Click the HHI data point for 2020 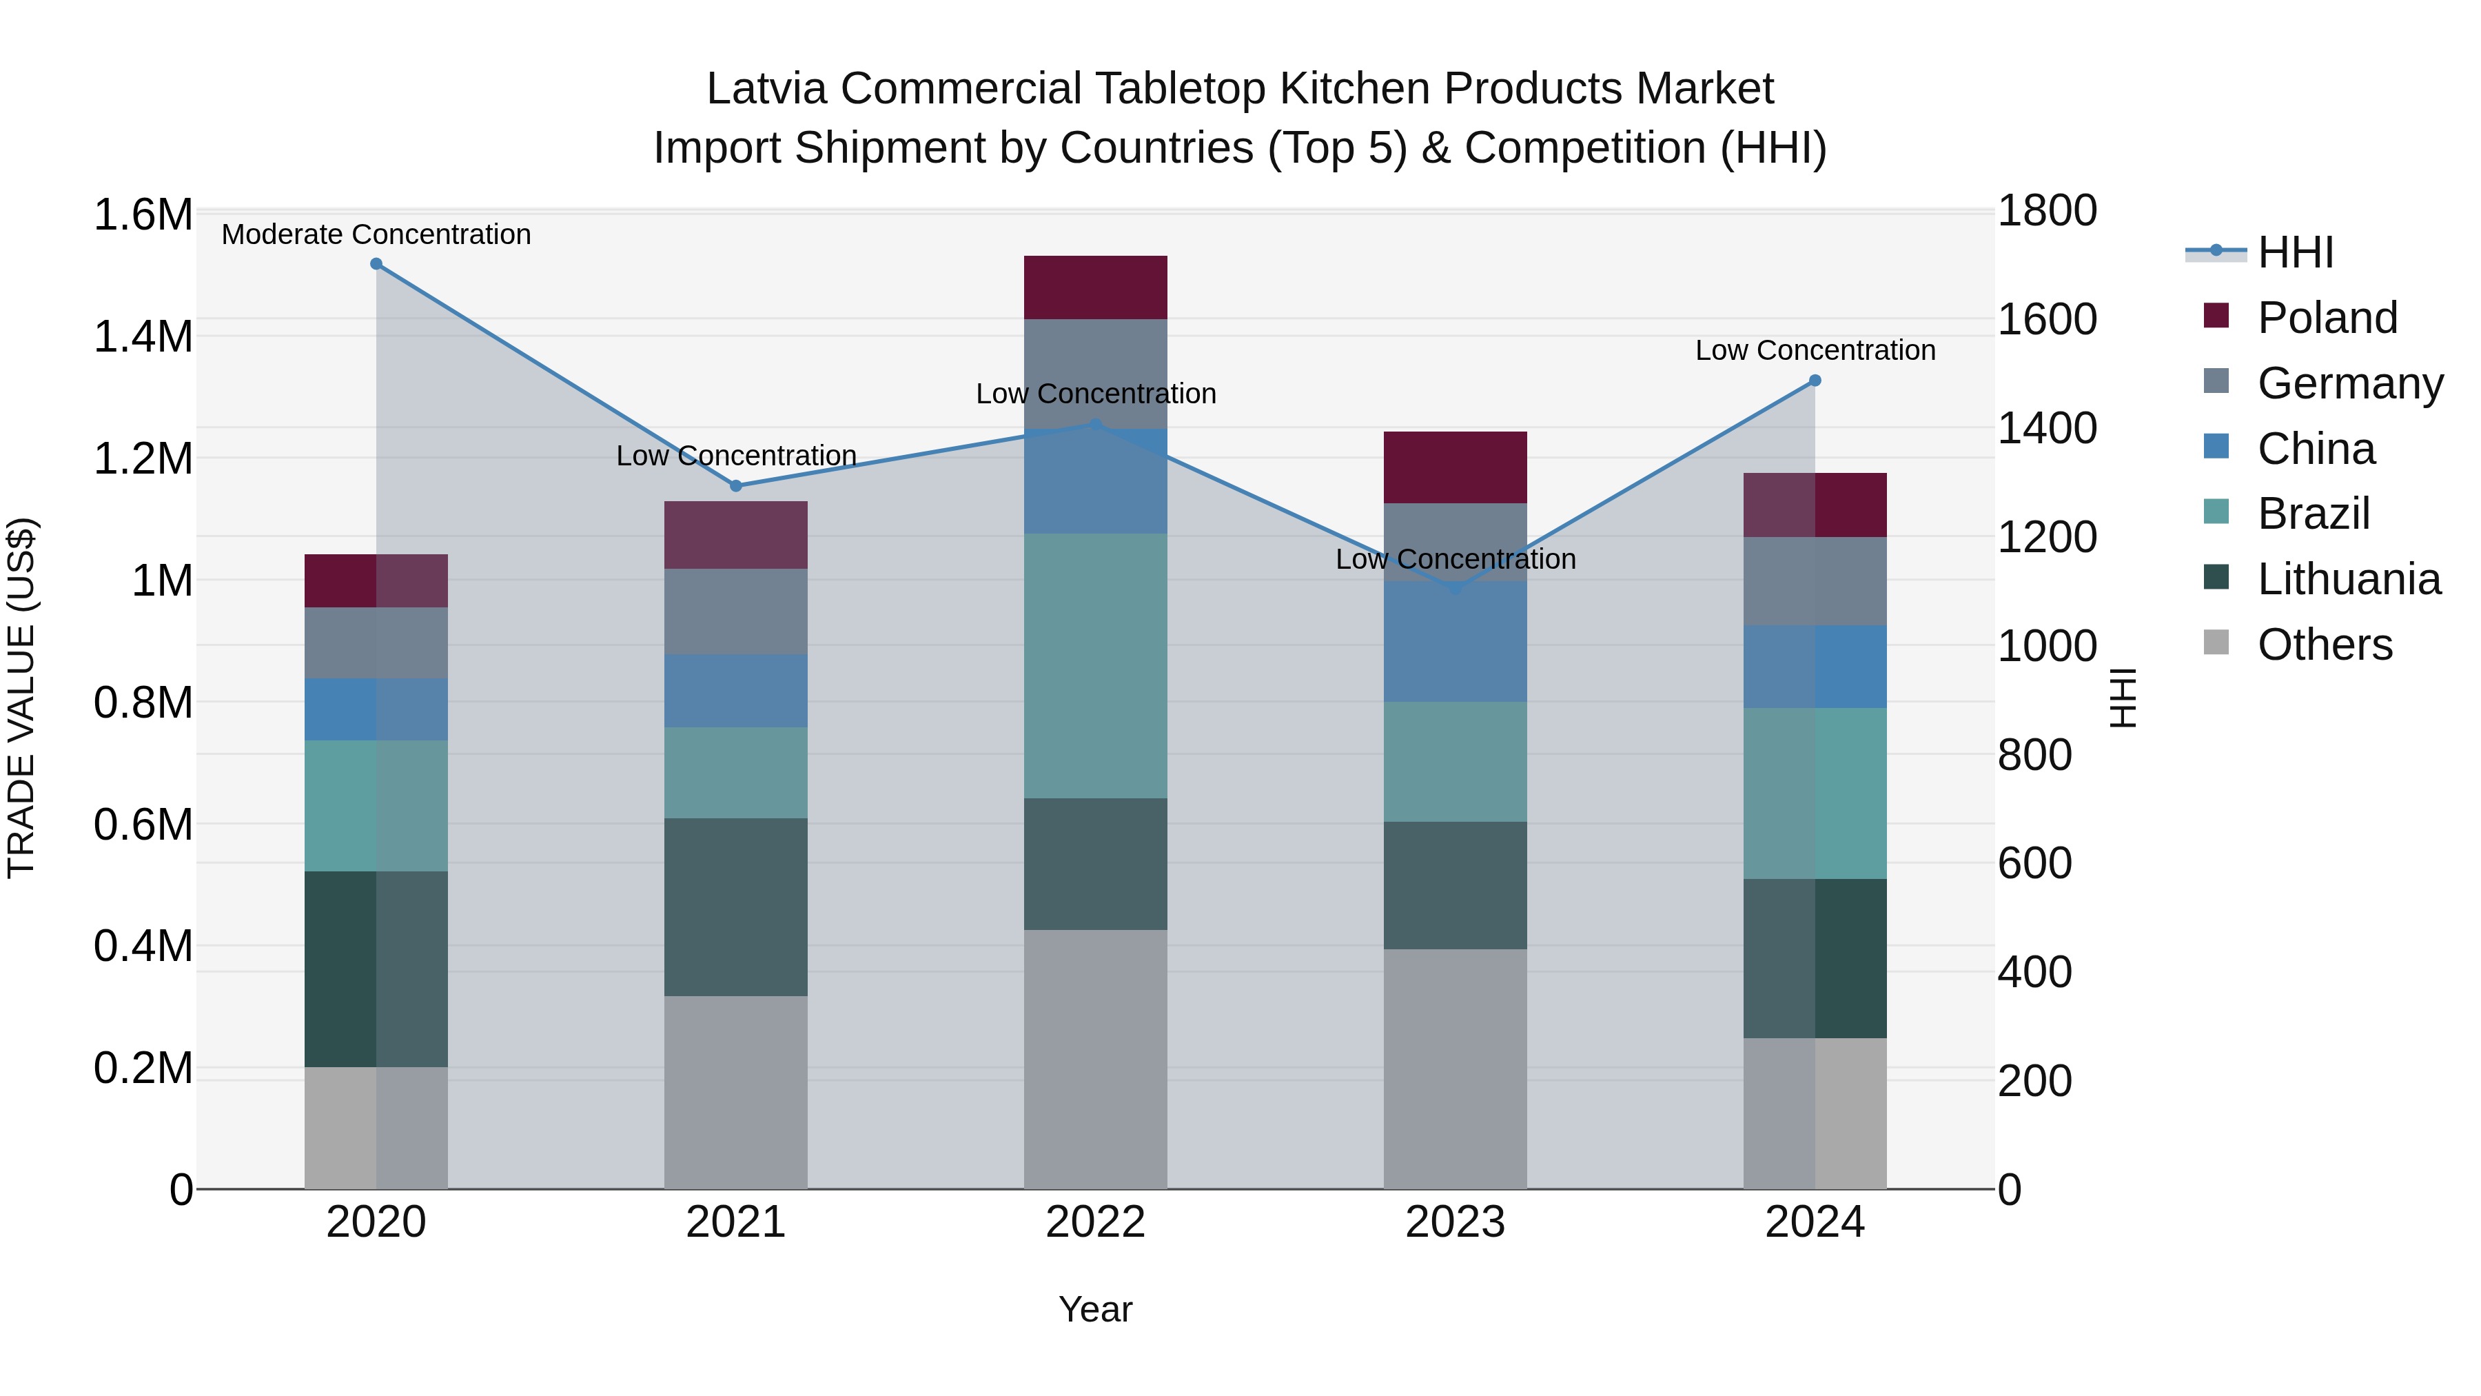pyautogui.click(x=376, y=264)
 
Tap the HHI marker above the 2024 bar pyautogui.click(x=1815, y=381)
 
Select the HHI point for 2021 pyautogui.click(x=736, y=485)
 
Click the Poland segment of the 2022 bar pyautogui.click(x=1095, y=287)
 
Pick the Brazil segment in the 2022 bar pyautogui.click(x=1095, y=665)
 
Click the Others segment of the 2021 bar pyautogui.click(x=736, y=1091)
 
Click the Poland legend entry pyautogui.click(x=2326, y=318)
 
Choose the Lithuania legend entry pyautogui.click(x=2348, y=579)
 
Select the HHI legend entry pyautogui.click(x=2294, y=252)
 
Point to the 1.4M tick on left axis pyautogui.click(x=143, y=337)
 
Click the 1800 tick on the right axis pyautogui.click(x=2047, y=210)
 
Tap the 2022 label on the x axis pyautogui.click(x=1095, y=1222)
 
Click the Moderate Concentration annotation pyautogui.click(x=376, y=234)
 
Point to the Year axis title pyautogui.click(x=1095, y=1309)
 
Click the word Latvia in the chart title pyautogui.click(x=766, y=89)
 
